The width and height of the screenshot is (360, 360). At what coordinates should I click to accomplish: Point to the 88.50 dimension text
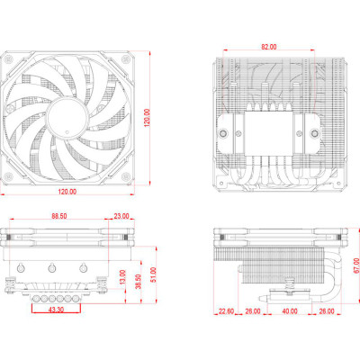tap(60, 216)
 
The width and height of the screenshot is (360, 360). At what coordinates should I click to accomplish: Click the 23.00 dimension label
tap(121, 216)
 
